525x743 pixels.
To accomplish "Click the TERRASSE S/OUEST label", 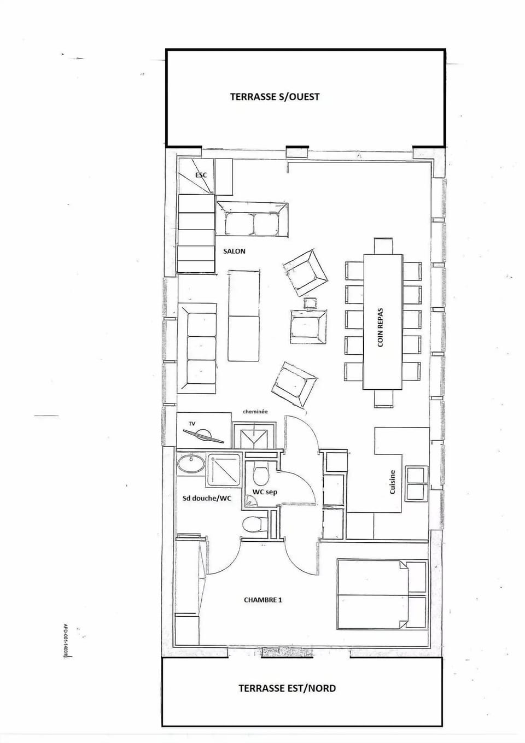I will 275,97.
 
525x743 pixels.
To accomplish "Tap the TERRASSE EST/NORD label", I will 287,688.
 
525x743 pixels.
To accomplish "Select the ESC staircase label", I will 201,175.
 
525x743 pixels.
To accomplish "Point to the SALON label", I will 234,251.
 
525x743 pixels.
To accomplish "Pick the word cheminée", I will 255,412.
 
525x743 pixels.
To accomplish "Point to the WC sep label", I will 265,492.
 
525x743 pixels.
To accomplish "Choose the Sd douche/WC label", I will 207,498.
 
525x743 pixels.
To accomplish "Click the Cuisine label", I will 392,482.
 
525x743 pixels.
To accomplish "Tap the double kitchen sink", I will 416,483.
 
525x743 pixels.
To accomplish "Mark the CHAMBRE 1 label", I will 262,600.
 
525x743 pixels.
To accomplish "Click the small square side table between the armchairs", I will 310,302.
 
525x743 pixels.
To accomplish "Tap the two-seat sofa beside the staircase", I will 252,219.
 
